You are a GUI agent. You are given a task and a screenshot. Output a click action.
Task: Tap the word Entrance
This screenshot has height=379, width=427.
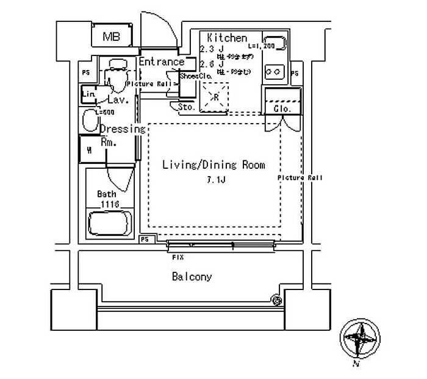(161, 62)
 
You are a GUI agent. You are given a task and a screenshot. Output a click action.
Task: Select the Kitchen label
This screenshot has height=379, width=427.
(227, 38)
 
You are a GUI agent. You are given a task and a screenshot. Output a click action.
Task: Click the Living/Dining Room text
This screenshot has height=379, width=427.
(213, 165)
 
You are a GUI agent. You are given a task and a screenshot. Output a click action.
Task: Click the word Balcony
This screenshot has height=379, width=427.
(192, 277)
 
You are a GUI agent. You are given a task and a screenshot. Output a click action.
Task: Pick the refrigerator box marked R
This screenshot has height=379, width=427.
(215, 96)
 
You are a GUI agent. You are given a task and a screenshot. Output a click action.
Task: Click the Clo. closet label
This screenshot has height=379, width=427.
(281, 108)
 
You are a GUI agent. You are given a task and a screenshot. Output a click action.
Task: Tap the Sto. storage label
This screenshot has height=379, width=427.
(186, 107)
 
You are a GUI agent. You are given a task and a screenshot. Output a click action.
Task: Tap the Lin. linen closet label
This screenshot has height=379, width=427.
(88, 94)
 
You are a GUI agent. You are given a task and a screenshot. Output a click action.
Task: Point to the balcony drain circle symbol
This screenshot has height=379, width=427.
(276, 299)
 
